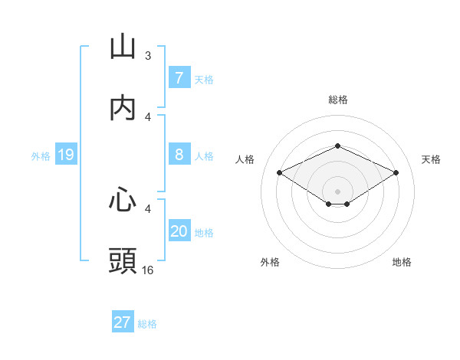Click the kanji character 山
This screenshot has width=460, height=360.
pos(123,47)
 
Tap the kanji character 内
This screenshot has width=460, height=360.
pos(123,109)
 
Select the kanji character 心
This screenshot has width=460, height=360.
pos(123,200)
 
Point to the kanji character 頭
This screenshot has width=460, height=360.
pos(123,261)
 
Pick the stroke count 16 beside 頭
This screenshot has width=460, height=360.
pos(148,270)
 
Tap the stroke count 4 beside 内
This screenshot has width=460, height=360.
pos(148,116)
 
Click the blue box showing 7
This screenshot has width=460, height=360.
pos(179,78)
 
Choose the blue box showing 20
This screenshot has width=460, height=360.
pos(179,231)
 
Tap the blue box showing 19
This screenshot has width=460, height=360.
pos(65,155)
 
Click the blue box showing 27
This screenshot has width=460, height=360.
pos(123,322)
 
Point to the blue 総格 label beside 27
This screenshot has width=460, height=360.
pos(147,324)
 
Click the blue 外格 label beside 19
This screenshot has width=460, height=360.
pos(41,156)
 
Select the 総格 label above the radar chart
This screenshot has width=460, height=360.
pos(338,100)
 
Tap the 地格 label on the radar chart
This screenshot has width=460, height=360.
pos(402,262)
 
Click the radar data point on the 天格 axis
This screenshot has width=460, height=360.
pos(396,173)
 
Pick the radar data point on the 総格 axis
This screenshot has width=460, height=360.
pos(338,146)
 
